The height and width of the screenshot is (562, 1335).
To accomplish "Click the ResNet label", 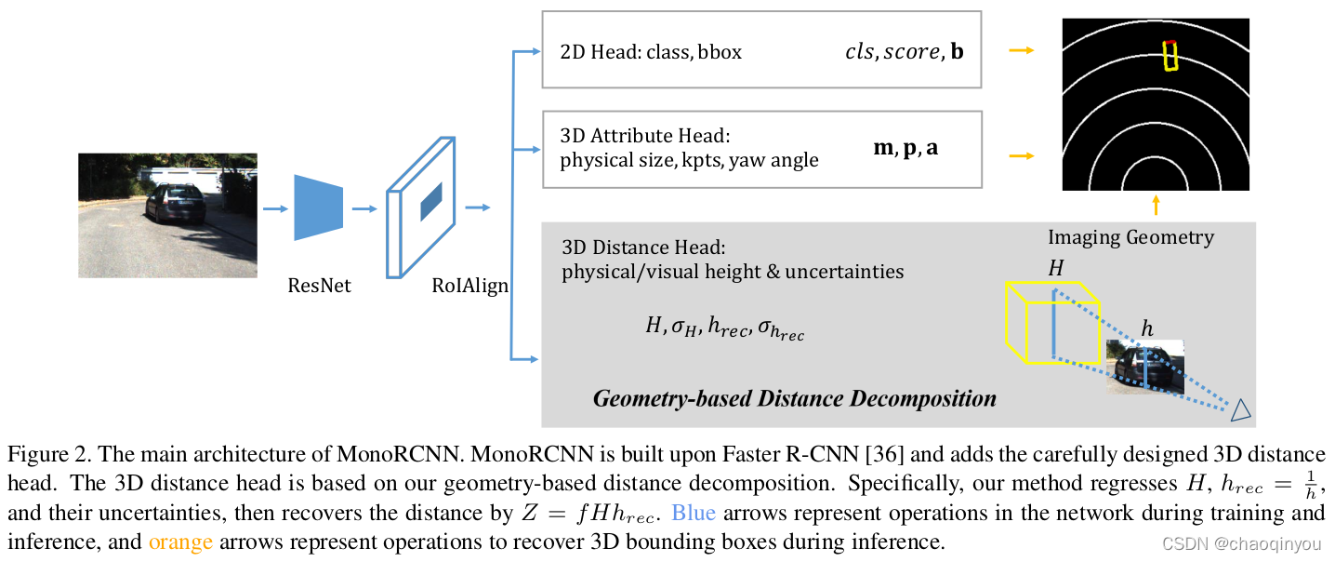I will (x=319, y=286).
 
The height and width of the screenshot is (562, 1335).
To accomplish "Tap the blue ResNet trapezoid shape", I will (x=318, y=208).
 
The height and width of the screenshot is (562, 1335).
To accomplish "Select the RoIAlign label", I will (x=469, y=286).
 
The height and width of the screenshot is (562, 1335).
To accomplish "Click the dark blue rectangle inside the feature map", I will (x=431, y=202).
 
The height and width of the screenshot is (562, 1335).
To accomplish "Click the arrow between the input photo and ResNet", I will (x=275, y=209).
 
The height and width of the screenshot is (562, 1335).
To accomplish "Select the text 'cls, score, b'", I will (x=904, y=52).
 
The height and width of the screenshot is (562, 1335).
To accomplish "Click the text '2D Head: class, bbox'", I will (x=651, y=52).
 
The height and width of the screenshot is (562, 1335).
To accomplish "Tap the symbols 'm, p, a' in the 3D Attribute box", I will (x=905, y=148).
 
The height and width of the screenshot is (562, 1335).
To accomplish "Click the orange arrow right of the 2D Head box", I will (x=1022, y=50).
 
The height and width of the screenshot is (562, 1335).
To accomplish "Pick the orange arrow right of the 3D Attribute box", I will (x=1022, y=155).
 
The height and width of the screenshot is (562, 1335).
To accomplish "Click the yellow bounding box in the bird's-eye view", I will (x=1170, y=56).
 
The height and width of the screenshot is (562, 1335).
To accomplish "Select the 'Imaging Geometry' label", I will (x=1130, y=237).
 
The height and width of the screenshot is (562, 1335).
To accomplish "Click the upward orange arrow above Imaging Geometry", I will (x=1156, y=205).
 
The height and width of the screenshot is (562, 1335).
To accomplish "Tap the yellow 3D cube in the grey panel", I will (x=1052, y=322).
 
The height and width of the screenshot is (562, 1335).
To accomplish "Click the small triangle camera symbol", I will (x=1240, y=409).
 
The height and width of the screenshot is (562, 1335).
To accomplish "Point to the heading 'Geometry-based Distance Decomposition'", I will (x=795, y=399).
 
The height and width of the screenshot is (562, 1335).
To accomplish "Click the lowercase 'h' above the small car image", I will (x=1147, y=329).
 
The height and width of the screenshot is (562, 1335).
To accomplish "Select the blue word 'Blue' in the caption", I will (x=693, y=513).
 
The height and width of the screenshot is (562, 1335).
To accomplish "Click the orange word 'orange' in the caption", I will (x=180, y=541).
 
